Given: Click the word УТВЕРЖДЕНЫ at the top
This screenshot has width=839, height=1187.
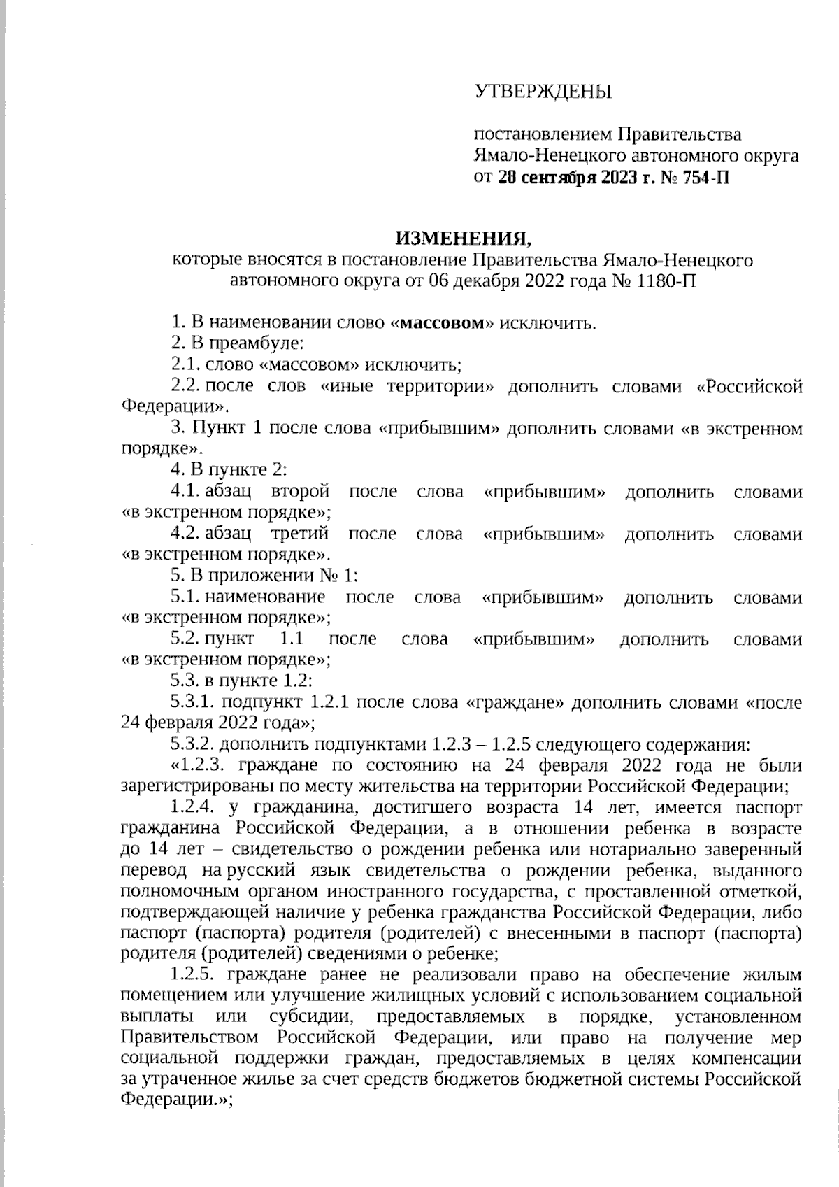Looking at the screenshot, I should (543, 92).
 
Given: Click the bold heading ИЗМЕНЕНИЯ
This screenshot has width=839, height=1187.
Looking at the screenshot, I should (464, 239).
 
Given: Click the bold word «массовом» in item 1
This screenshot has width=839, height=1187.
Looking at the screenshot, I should (443, 323).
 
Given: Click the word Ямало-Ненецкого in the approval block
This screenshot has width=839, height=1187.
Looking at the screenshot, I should (547, 155).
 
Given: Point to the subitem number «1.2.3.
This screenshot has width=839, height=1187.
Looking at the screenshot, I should (197, 765).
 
